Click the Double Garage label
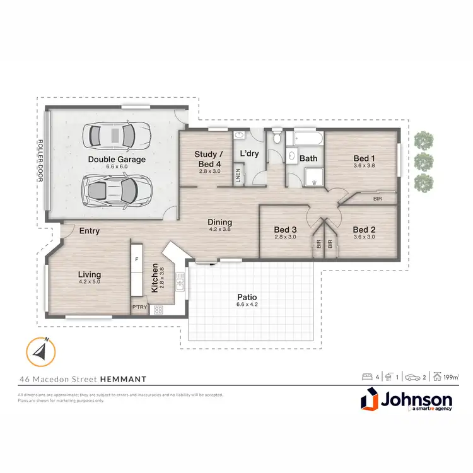117,160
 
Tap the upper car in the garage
117,134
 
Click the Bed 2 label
364,230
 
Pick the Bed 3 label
285,230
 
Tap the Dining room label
219,222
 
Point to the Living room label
90,274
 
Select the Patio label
246,297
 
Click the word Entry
90,231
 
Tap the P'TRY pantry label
139,308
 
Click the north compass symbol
40,351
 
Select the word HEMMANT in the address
123,379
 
